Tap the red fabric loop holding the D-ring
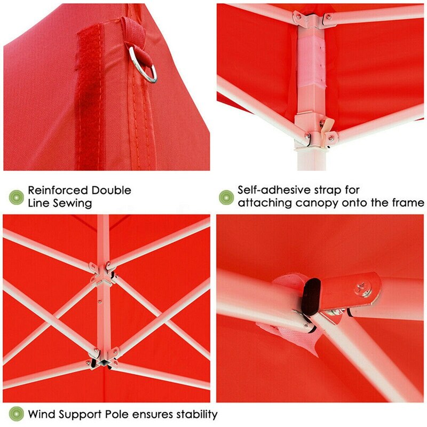coord(131,35)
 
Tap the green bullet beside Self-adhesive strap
coord(226,196)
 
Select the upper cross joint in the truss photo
coord(101,271)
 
